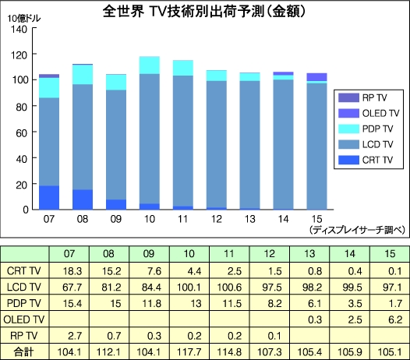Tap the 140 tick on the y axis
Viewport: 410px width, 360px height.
pyautogui.click(x=19, y=28)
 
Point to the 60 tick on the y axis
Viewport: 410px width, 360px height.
pyautogui.click(x=22, y=132)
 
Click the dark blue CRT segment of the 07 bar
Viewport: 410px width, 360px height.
pyautogui.click(x=49, y=197)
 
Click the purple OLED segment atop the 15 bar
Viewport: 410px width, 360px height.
pyautogui.click(x=317, y=76)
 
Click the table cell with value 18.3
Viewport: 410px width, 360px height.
pyautogui.click(x=69, y=270)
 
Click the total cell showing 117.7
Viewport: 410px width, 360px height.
pyautogui.click(x=189, y=351)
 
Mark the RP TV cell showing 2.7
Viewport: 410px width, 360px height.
pyautogui.click(x=69, y=336)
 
